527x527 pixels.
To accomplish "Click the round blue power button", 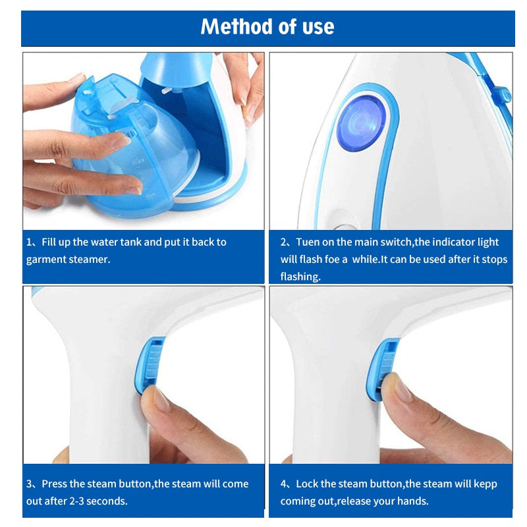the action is [361, 123].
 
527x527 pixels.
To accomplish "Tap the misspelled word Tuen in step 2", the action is [308, 242].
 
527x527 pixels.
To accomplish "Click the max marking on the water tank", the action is [138, 161].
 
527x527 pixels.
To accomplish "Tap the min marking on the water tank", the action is [150, 196].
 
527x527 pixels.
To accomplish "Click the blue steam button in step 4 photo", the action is [381, 368].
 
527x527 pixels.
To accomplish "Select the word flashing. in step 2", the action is [300, 277].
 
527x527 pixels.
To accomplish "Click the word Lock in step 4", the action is [307, 484].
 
